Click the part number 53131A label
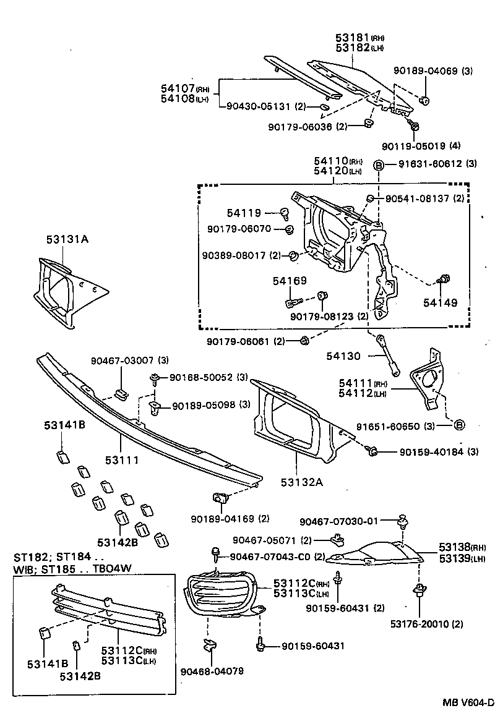pos(67,239)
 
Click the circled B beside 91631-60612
pos(381,164)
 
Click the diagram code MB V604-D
pos(468,702)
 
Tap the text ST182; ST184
pos(52,557)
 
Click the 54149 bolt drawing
pos(444,280)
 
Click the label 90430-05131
pos(257,106)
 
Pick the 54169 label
pos(290,281)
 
